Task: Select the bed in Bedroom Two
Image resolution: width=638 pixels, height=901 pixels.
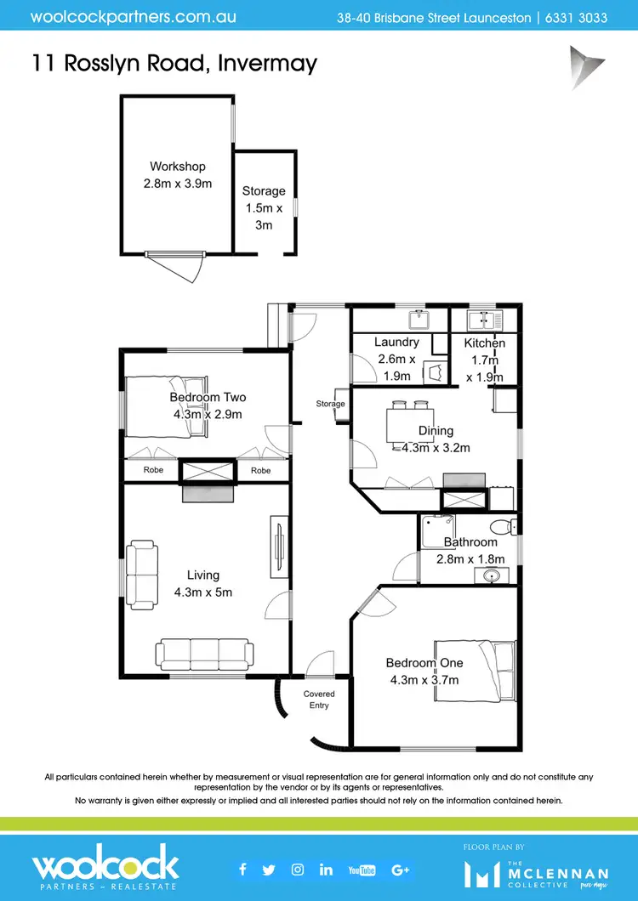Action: tap(166, 407)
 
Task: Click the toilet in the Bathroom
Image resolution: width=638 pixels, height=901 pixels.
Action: tap(505, 526)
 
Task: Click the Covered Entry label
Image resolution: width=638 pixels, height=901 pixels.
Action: tap(319, 700)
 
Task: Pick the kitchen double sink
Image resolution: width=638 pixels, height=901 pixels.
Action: tap(485, 320)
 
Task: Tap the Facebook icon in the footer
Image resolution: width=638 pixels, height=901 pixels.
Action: tap(242, 869)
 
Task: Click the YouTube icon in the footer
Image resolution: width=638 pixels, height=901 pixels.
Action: tap(362, 870)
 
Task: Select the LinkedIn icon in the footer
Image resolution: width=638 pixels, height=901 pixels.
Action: tap(326, 869)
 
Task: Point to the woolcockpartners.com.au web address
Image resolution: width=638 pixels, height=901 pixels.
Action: tap(134, 17)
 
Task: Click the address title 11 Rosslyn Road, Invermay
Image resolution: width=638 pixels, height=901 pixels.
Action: tap(174, 62)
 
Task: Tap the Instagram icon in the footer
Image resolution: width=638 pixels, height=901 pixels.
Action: tap(298, 869)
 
